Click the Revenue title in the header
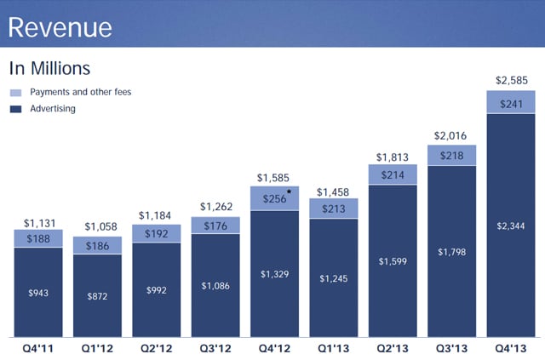coord(60,27)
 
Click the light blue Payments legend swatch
coord(15,92)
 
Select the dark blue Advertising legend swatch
coord(15,109)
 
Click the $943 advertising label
coord(38,292)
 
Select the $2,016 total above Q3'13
coord(451,134)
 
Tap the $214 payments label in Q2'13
coord(393,174)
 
